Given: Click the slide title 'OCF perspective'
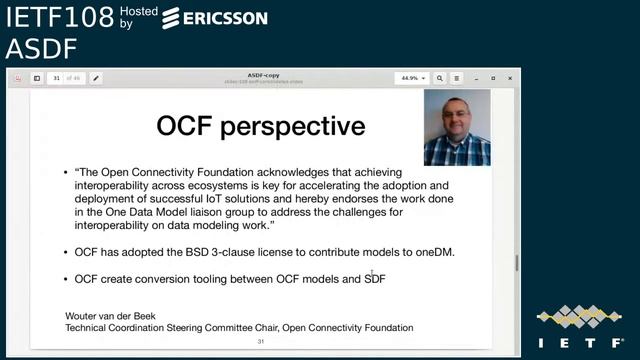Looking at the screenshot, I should coord(260,126).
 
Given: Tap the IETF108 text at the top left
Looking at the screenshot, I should coord(58,16).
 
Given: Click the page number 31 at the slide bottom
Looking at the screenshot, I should coord(260,341).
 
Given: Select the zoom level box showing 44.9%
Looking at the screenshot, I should coord(411,78).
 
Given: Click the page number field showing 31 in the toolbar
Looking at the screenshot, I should coord(58,78).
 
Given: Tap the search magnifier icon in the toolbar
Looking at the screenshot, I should coord(441,78).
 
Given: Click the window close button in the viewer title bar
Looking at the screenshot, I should coord(509,77).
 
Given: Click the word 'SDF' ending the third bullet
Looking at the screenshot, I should coord(374,279).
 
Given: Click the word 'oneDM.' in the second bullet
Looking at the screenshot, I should coord(433,252).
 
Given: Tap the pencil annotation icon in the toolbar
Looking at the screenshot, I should coord(96,78).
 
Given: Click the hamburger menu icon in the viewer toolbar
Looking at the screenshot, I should coord(457,78).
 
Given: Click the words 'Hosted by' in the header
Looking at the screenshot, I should coord(138,16).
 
